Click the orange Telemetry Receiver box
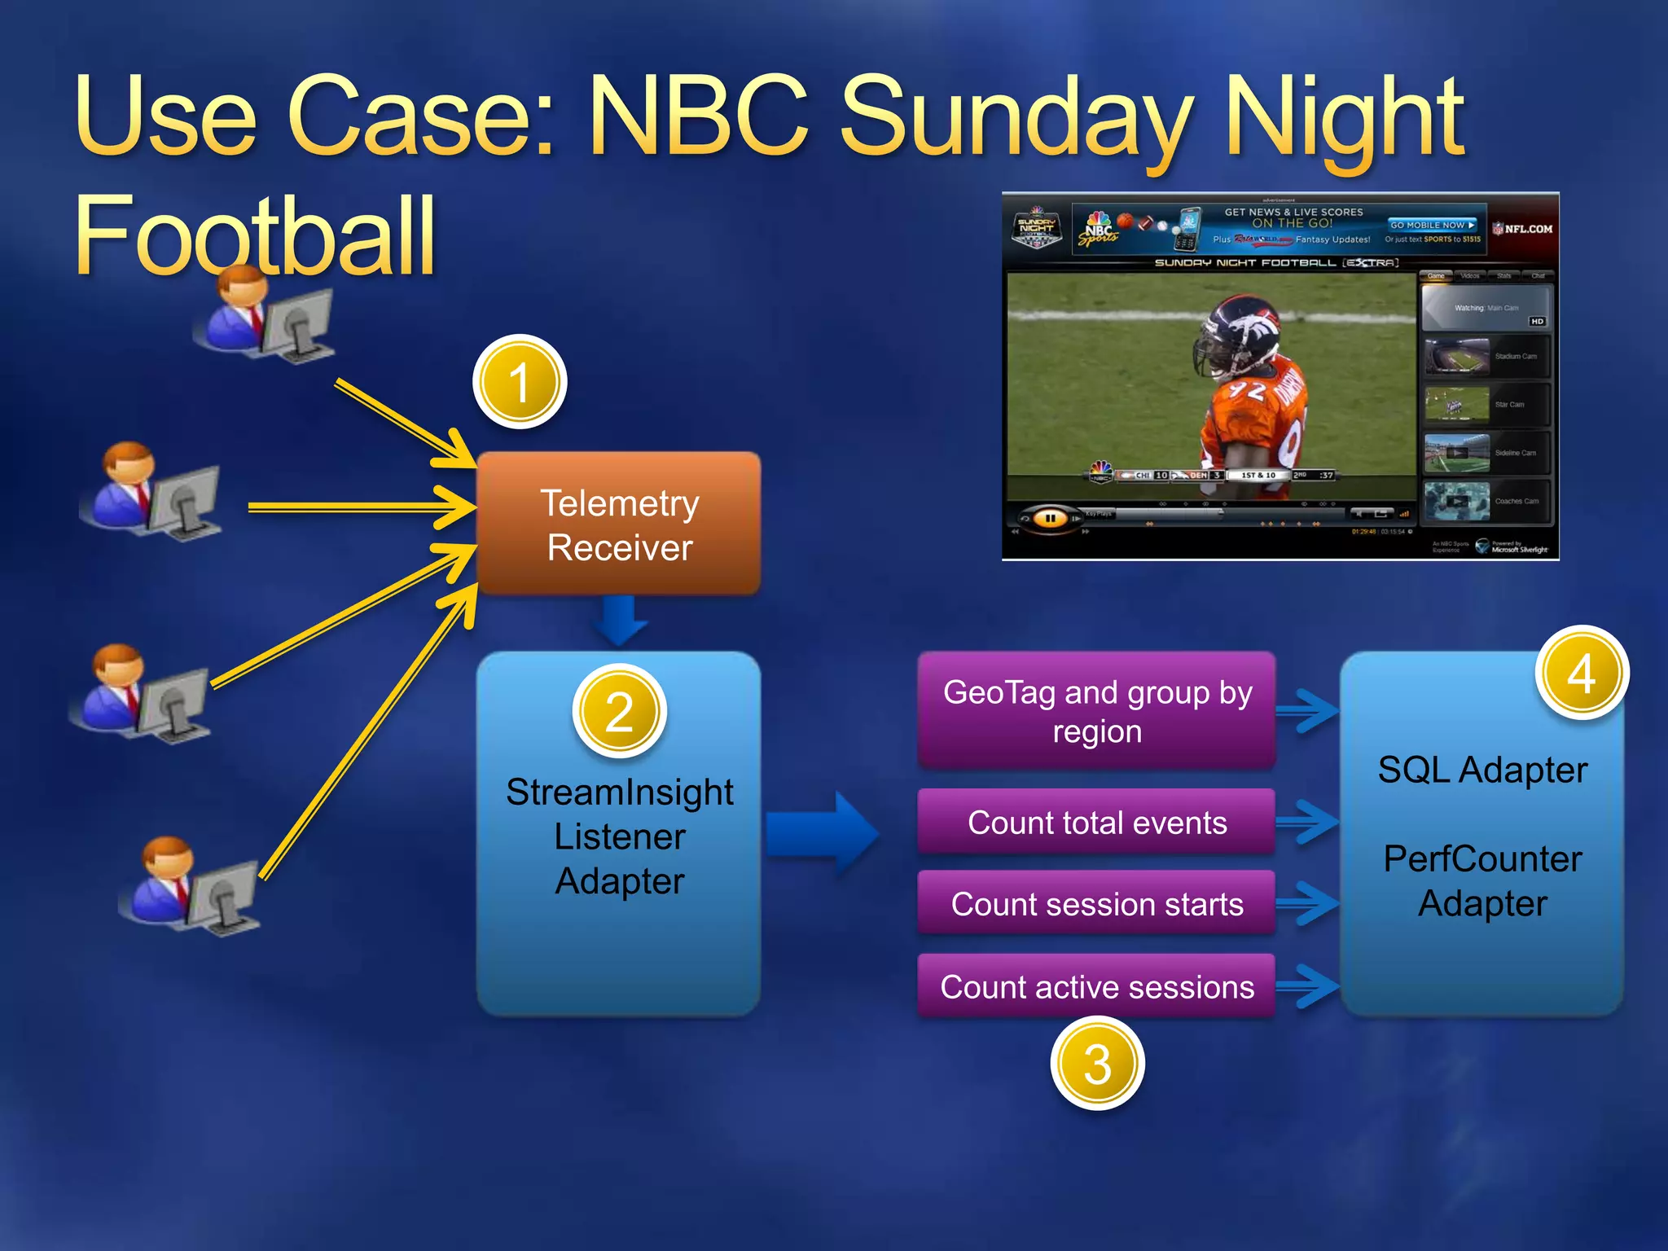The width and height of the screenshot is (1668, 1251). [x=619, y=525]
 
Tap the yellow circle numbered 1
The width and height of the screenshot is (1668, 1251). [x=519, y=382]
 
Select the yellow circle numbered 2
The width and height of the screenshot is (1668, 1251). [x=619, y=711]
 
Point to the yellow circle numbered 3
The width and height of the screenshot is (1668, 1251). [x=1097, y=1064]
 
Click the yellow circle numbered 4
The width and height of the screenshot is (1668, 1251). [x=1581, y=673]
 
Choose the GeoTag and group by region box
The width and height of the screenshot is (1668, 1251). [x=1096, y=711]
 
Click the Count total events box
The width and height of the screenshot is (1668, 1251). [x=1096, y=823]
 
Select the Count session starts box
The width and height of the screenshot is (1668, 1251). [x=1096, y=904]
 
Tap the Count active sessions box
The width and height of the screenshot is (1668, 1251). [x=1096, y=987]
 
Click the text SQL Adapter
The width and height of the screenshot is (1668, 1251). [x=1482, y=770]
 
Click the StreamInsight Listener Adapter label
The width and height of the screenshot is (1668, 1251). [x=619, y=837]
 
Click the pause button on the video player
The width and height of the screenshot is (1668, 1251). [x=1050, y=518]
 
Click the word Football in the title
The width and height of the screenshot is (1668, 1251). [x=255, y=236]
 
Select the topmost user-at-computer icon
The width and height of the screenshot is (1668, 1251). [x=265, y=318]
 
